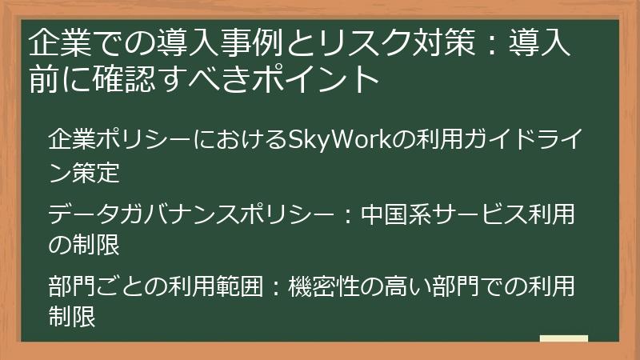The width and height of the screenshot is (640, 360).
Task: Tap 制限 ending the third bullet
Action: [72, 316]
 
